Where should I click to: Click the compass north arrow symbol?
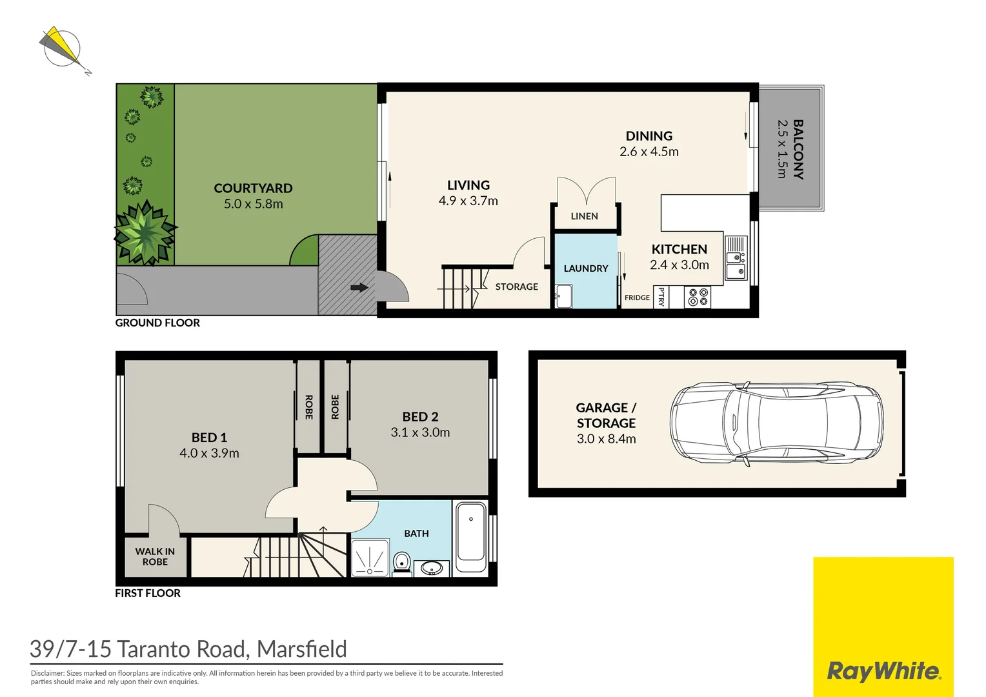pyautogui.click(x=62, y=48)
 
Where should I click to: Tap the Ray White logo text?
pyautogui.click(x=883, y=671)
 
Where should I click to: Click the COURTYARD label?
pyautogui.click(x=253, y=188)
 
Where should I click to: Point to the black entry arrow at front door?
pyautogui.click(x=359, y=288)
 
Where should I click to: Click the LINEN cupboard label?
pyautogui.click(x=584, y=216)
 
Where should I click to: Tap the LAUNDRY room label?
pyautogui.click(x=585, y=268)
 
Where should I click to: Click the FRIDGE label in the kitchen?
pyautogui.click(x=637, y=298)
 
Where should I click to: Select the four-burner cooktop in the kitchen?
pyautogui.click(x=698, y=297)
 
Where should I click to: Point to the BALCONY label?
pyautogui.click(x=798, y=149)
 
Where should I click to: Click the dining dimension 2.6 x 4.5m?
pyautogui.click(x=649, y=152)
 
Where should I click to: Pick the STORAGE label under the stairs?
pyautogui.click(x=516, y=287)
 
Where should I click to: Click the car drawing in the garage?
pyautogui.click(x=776, y=423)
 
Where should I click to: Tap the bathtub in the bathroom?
pyautogui.click(x=471, y=532)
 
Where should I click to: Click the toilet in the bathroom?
pyautogui.click(x=401, y=561)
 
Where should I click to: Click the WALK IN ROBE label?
pyautogui.click(x=155, y=556)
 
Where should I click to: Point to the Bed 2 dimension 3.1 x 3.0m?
pyautogui.click(x=420, y=432)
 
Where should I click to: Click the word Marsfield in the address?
pyautogui.click(x=301, y=649)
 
